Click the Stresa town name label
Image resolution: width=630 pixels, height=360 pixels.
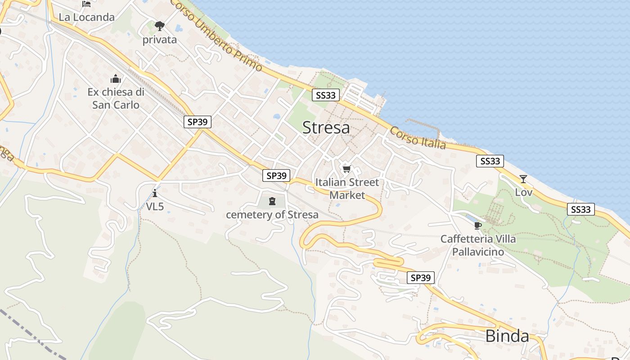(326, 128)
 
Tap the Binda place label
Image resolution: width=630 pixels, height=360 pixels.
(507, 336)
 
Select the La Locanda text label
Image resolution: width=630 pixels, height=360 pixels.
(87, 18)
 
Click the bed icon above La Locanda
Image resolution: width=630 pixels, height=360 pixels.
(86, 4)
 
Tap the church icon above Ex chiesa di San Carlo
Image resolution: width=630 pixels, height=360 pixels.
(116, 79)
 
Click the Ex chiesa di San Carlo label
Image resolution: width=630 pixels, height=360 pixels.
(116, 99)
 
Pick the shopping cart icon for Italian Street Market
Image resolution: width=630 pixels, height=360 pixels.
(346, 169)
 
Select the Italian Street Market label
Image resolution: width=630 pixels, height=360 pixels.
(347, 189)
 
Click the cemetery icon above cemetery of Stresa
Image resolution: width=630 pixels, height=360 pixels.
(272, 201)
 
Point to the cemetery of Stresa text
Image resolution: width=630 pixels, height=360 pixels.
(272, 215)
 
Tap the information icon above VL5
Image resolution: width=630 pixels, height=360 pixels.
(155, 193)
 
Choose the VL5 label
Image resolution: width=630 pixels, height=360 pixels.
(155, 207)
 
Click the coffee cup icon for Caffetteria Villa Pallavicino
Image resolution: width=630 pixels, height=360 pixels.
(478, 225)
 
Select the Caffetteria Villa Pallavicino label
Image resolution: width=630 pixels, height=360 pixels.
(478, 245)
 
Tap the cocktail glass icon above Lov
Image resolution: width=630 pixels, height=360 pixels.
(523, 179)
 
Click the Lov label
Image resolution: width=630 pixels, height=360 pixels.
(524, 193)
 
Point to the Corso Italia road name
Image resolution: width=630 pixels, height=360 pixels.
(418, 138)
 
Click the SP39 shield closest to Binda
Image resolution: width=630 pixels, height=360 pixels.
(421, 278)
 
